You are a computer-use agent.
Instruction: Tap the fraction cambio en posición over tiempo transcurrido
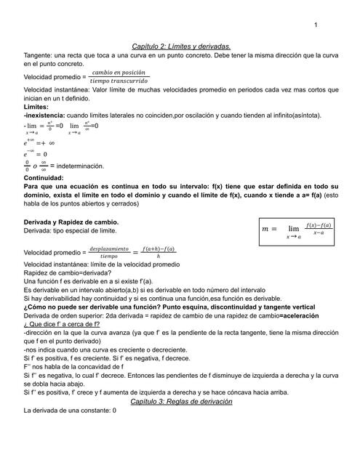(x=119, y=76)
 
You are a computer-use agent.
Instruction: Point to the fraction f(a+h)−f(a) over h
(x=159, y=251)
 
